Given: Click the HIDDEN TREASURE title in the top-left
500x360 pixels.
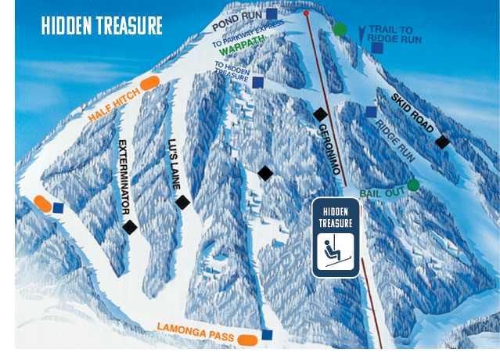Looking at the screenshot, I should [102, 26].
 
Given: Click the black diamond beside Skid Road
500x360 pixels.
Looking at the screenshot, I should [443, 142].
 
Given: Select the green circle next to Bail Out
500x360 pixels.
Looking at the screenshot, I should [413, 185].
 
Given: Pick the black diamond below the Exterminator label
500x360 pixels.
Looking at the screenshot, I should [130, 227].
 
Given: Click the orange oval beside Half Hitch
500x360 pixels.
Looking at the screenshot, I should [149, 81].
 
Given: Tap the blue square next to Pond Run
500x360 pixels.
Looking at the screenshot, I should [272, 13].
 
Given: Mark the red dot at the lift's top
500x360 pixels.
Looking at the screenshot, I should [306, 13].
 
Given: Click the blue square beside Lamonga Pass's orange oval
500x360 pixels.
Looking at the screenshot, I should [267, 335].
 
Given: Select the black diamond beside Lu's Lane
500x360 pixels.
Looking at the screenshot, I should [183, 202].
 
